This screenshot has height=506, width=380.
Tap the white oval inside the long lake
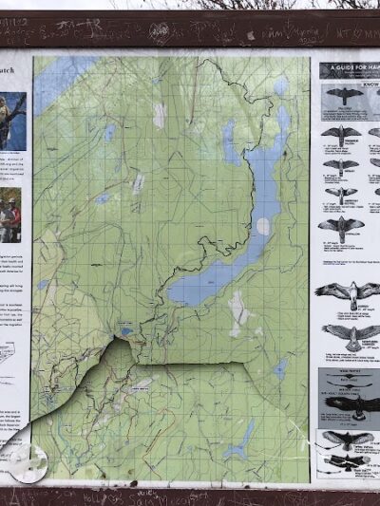262,226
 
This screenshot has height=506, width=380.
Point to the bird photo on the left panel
12,122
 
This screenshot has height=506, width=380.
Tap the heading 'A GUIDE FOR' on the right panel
350,68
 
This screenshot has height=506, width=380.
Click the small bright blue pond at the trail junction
126,331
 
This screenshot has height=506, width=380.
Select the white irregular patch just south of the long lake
237,313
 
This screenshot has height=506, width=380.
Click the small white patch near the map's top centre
160,116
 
